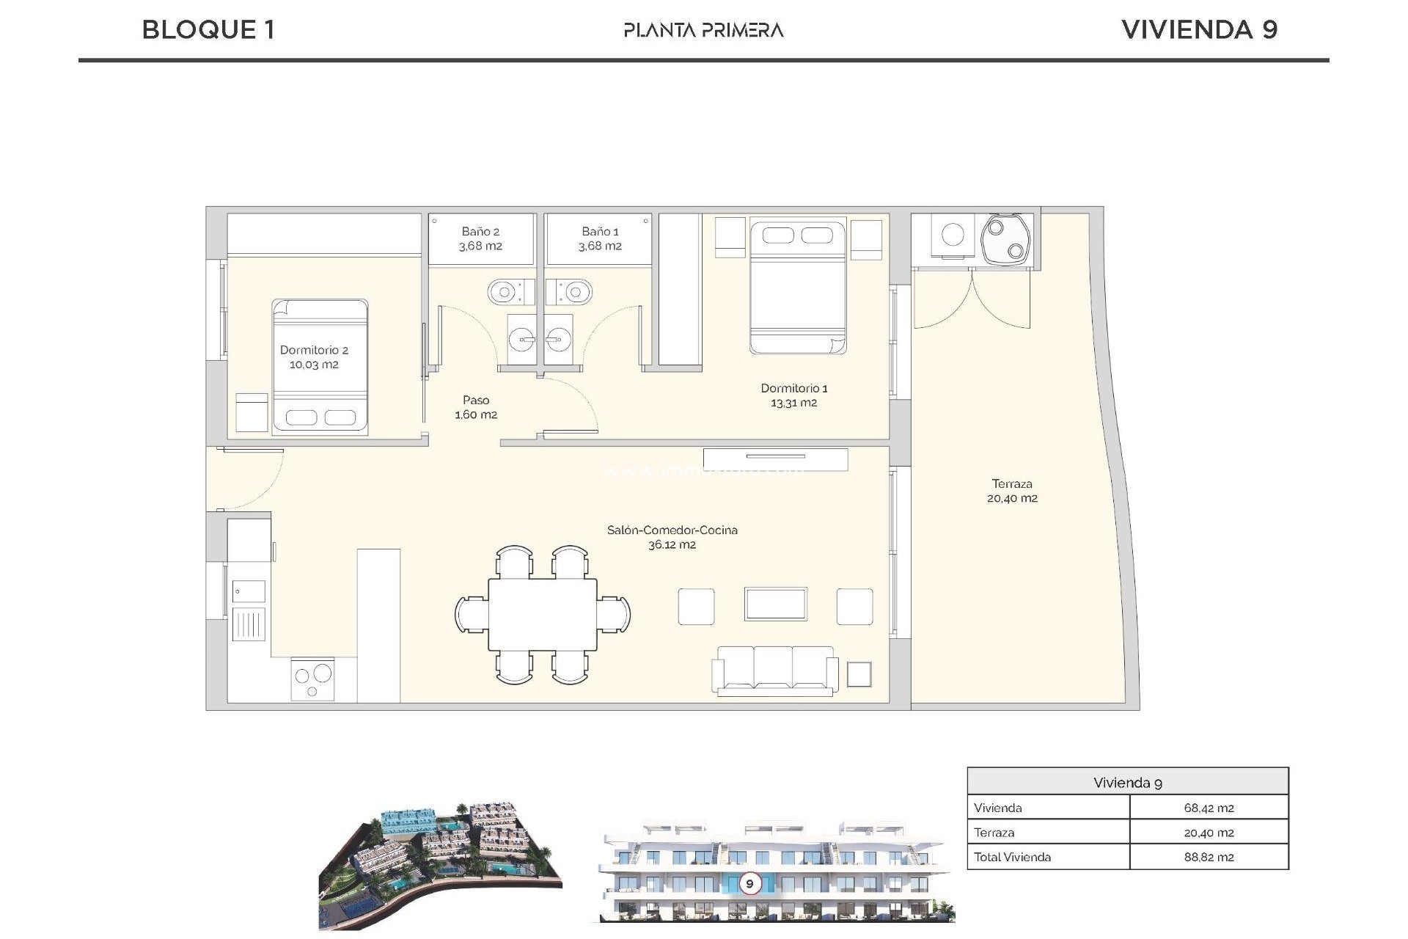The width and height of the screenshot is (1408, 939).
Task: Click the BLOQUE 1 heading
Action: (x=208, y=30)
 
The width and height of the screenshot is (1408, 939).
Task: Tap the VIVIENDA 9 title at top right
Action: (x=1200, y=30)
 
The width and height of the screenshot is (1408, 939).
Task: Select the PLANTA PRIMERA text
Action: (x=703, y=30)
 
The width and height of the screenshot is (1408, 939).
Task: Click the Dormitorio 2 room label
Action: (x=314, y=351)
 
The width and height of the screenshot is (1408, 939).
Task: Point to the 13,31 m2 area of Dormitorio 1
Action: (x=793, y=403)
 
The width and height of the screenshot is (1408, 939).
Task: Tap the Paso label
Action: (x=476, y=401)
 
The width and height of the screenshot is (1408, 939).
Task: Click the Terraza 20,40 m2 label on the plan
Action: (x=1012, y=491)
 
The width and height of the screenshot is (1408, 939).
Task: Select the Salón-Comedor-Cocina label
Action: (x=672, y=530)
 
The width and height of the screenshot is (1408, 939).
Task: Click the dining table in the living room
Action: (x=543, y=614)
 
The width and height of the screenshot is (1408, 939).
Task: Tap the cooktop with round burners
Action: (x=313, y=679)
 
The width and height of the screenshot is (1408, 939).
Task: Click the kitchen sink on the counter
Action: (x=249, y=591)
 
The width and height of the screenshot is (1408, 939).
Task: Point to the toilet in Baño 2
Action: (x=505, y=293)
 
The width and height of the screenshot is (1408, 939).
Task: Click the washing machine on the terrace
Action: (x=953, y=235)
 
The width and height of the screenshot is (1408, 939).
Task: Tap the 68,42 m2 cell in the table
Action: (x=1209, y=808)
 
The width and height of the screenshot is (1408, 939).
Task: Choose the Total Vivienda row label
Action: (x=1012, y=857)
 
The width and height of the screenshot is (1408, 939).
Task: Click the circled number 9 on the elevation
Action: (x=749, y=883)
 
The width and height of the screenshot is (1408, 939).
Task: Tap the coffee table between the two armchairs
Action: (x=775, y=604)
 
